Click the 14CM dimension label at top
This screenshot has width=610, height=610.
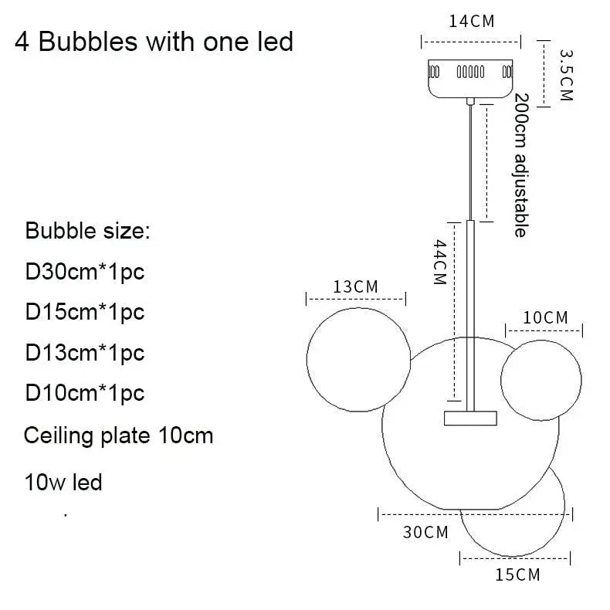point(471,21)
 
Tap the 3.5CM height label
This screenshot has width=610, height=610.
point(566,75)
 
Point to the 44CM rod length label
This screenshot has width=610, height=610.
point(439,263)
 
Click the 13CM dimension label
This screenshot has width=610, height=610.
point(355,286)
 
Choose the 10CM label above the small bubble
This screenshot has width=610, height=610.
point(545,317)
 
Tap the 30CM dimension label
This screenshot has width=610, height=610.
point(425,532)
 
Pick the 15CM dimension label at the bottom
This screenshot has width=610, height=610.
point(517,574)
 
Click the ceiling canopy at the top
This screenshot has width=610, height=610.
point(471,77)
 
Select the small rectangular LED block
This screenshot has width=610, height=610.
point(470,418)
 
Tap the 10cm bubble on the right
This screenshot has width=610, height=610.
point(541,378)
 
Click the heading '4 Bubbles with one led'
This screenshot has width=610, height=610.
point(154,41)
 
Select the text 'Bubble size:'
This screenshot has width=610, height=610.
point(86,231)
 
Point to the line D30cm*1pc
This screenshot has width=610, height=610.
point(85,272)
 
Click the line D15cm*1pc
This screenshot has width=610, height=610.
point(85,312)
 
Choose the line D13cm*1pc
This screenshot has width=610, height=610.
point(85,353)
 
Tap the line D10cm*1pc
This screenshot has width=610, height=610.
point(85,393)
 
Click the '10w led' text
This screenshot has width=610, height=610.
point(63,483)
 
